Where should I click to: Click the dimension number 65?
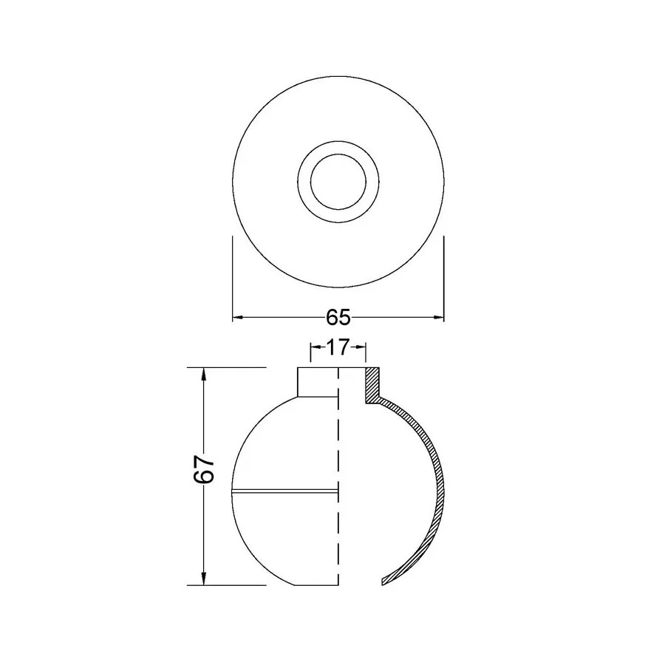tap(338, 317)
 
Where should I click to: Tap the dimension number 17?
tap(338, 347)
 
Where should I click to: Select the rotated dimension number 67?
tap(204, 469)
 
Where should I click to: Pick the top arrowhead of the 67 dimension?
tap(204, 373)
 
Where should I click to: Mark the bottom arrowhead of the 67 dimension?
tap(204, 579)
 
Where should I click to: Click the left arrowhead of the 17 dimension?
tap(315, 347)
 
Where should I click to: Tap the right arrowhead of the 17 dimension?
tap(361, 347)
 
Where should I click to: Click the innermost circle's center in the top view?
tap(338, 182)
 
